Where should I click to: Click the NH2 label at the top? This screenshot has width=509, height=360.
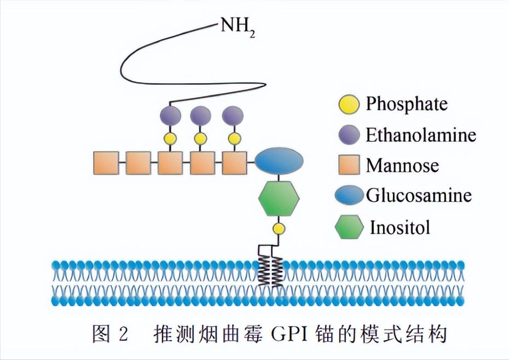pyautogui.click(x=238, y=27)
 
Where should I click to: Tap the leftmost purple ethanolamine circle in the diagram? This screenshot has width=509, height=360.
pyautogui.click(x=170, y=116)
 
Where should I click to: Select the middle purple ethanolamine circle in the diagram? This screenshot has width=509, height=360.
pyautogui.click(x=201, y=116)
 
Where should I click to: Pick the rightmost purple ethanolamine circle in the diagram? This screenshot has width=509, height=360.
pyautogui.click(x=233, y=116)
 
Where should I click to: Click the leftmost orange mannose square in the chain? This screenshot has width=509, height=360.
pyautogui.click(x=106, y=162)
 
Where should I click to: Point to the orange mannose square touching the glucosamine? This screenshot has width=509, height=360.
pyautogui.click(x=234, y=162)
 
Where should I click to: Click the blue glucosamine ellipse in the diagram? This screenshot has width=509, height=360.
pyautogui.click(x=279, y=160)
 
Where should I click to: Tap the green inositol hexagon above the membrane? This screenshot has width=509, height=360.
pyautogui.click(x=279, y=198)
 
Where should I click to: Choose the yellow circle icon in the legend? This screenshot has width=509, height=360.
pyautogui.click(x=349, y=104)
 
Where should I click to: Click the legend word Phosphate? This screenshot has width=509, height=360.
pyautogui.click(x=407, y=103)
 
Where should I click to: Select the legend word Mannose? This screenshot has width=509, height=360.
pyautogui.click(x=402, y=164)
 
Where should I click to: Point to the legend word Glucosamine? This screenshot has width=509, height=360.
pyautogui.click(x=419, y=195)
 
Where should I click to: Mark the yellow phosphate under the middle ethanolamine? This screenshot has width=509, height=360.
pyautogui.click(x=201, y=138)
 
